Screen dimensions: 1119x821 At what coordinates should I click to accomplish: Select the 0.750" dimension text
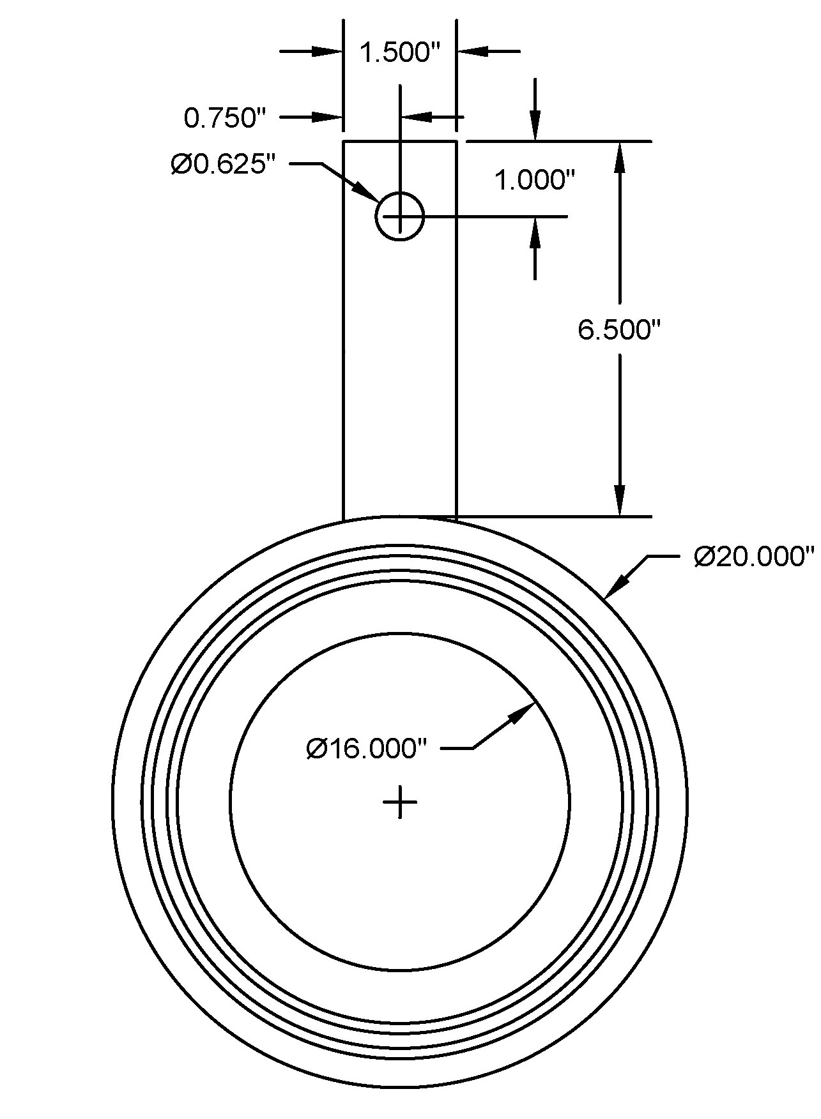coord(224,118)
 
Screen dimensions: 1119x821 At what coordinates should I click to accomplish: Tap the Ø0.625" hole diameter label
coord(223,165)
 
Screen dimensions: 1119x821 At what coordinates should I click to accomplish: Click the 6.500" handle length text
coord(618,330)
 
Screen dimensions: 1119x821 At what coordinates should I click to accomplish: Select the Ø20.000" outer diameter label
coord(754,557)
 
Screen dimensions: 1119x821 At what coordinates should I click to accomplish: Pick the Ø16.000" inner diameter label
coord(365,748)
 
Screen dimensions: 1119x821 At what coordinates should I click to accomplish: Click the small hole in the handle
coord(400,216)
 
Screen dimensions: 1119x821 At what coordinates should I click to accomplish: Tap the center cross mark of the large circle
coord(400,802)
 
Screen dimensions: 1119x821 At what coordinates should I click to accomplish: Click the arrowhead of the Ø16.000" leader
coord(523,712)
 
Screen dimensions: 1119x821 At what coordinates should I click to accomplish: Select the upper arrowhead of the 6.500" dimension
coord(618,156)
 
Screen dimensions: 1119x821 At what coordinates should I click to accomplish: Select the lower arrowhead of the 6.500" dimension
coord(618,500)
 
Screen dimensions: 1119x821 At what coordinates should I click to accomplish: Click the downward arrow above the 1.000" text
coord(535,127)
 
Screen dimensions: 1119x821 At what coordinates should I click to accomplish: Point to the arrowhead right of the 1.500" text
coord(473,51)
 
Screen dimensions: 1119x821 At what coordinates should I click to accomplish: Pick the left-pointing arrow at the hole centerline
coord(416,117)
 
